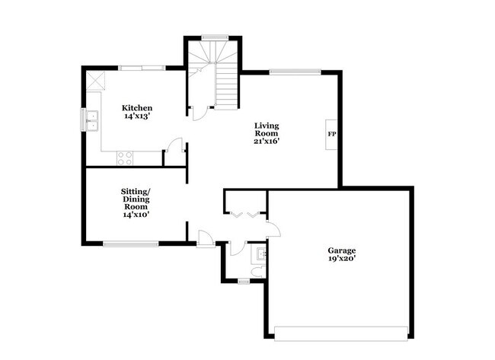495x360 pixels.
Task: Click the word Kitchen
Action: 138,108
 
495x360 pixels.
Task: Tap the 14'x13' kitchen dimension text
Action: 138,117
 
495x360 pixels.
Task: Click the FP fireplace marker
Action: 332,135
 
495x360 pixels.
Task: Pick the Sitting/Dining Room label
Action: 136,198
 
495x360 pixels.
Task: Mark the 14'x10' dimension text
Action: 136,215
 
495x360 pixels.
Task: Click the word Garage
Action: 342,250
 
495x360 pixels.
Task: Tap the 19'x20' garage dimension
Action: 342,260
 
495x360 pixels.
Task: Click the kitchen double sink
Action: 92,119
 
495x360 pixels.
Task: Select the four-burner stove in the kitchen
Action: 125,158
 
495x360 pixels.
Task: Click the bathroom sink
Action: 260,252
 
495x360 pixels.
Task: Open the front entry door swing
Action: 205,237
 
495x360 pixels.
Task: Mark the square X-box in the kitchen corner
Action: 95,79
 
